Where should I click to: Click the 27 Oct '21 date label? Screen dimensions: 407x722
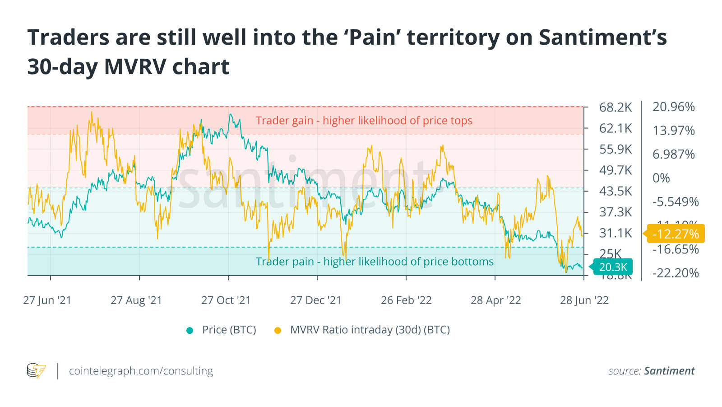(226, 300)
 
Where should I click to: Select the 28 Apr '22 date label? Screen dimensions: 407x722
(495, 300)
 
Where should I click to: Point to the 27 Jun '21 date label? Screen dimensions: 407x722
(47, 300)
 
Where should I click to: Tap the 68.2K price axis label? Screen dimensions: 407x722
(616, 108)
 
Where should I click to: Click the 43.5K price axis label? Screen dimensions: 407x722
(616, 191)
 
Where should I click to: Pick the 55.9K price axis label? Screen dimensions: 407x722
(616, 150)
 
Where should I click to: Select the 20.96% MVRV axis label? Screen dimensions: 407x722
(673, 107)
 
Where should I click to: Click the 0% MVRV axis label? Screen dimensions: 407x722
(661, 178)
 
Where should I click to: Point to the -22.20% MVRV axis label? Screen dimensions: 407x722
(675, 273)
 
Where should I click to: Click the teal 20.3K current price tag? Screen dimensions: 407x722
(612, 267)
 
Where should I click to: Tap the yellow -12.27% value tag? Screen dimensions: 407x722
(676, 234)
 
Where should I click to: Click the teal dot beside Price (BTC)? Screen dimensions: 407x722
(190, 330)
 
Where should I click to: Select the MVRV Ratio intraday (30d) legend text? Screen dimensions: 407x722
(370, 330)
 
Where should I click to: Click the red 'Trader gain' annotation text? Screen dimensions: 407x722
(364, 121)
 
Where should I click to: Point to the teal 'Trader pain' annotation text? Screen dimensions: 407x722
(375, 262)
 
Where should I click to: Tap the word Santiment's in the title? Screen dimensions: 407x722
(603, 37)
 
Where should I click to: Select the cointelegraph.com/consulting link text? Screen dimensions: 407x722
(141, 371)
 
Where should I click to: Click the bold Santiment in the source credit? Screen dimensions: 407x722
(669, 371)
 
